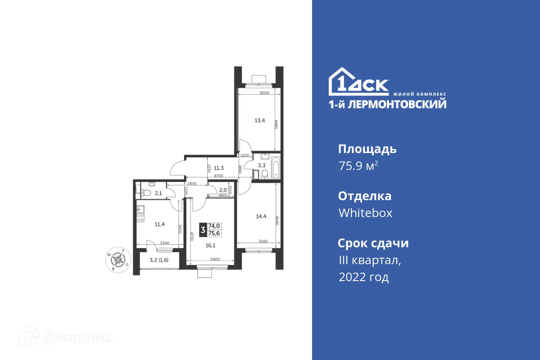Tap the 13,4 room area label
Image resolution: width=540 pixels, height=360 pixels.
click(260, 120)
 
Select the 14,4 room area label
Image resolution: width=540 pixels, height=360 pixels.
click(262, 216)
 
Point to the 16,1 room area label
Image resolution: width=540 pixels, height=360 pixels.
click(211, 244)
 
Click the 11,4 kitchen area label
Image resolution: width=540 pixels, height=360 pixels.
click(160, 224)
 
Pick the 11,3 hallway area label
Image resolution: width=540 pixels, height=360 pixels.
click(219, 168)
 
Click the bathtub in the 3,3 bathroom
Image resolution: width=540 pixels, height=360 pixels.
click(276, 168)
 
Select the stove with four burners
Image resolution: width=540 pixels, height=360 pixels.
click(141, 217)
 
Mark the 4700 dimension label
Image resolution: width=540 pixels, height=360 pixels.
click(218, 176)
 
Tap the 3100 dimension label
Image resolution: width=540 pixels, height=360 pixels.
click(263, 242)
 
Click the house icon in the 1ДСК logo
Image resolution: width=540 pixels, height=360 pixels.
click(341, 81)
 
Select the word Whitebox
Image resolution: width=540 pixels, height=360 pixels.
click(365, 213)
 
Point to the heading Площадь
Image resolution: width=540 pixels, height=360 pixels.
click(367, 149)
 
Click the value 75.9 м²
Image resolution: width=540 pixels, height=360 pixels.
click(358, 166)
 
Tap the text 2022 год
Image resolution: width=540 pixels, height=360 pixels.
click(364, 277)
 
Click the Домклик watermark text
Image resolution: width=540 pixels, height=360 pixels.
click(77, 337)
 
